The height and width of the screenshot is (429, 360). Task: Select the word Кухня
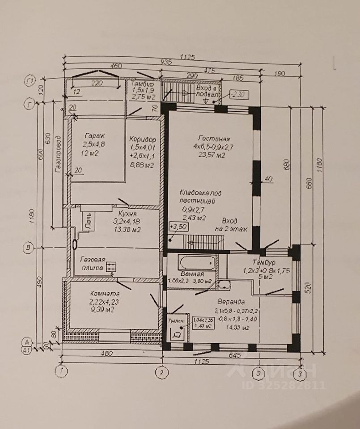(121, 214)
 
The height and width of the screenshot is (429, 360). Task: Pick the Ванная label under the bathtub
(193, 274)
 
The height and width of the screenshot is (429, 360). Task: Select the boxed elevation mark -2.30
(238, 95)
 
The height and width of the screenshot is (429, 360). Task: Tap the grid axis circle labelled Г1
(30, 81)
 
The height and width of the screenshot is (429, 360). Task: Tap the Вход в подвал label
(206, 92)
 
